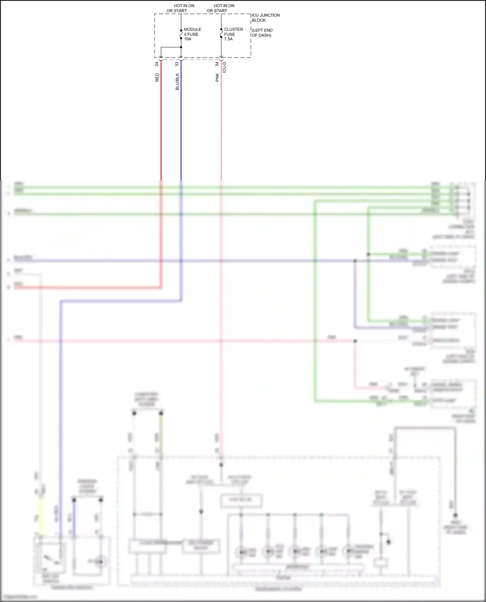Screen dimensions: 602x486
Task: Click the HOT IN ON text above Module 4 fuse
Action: (x=184, y=6)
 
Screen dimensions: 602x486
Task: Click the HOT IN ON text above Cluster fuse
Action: (x=224, y=6)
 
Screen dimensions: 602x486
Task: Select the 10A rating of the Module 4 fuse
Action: (x=188, y=39)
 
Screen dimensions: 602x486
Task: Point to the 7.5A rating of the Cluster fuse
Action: (x=228, y=39)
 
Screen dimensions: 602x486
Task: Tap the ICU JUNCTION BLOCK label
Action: (x=265, y=17)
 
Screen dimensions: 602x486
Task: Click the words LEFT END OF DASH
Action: (x=262, y=33)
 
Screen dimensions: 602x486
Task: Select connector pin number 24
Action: (x=157, y=64)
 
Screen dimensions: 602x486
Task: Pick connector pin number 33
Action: (x=177, y=64)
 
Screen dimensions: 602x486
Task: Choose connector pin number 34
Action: (x=217, y=64)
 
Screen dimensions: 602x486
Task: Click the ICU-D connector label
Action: (x=224, y=67)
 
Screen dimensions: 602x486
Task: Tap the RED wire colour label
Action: (x=157, y=77)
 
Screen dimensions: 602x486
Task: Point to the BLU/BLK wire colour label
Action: (x=177, y=82)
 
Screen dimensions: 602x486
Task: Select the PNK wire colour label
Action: (x=217, y=77)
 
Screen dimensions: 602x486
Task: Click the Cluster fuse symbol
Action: (x=221, y=33)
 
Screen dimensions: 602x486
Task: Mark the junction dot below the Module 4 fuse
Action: (x=181, y=47)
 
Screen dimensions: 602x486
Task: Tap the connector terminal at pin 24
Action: (x=161, y=59)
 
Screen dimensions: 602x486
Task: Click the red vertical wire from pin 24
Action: (x=161, y=123)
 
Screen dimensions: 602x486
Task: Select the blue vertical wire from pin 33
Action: (x=181, y=123)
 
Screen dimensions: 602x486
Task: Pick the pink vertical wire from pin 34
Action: (x=221, y=123)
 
